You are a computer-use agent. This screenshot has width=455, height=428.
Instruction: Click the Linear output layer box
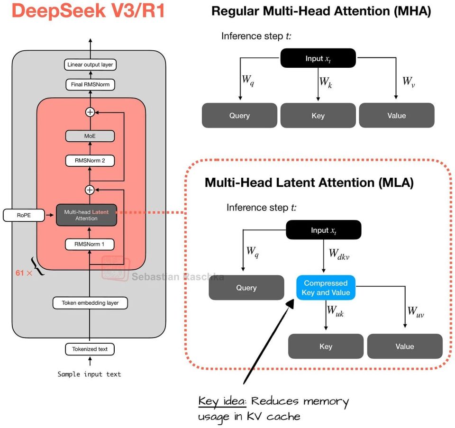[x=90, y=64]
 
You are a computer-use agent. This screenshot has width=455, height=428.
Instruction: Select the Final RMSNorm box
[x=90, y=84]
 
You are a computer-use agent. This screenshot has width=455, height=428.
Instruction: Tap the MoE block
[x=90, y=136]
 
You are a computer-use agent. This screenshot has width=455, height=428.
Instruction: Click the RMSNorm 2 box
[x=90, y=161]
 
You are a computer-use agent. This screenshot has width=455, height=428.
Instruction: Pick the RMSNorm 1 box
[x=90, y=244]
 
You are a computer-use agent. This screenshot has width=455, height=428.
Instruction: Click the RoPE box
[x=24, y=215]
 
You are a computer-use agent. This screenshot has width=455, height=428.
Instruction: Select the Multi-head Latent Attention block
[x=86, y=215]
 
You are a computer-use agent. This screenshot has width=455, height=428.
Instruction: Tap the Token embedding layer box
[x=90, y=303]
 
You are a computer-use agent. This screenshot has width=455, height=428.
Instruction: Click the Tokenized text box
[x=90, y=349]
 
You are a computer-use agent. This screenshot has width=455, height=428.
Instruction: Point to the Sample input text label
[x=89, y=374]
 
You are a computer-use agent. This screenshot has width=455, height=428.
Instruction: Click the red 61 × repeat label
[x=24, y=273]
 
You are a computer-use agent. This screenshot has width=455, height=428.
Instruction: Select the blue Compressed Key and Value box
[x=326, y=288]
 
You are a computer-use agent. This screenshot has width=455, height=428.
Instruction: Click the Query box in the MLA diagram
[x=246, y=288]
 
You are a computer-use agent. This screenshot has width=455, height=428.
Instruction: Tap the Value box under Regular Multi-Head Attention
[x=397, y=116]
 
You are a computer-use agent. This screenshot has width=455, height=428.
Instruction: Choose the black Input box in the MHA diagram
[x=318, y=58]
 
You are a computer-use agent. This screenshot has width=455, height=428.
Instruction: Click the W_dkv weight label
[x=339, y=254]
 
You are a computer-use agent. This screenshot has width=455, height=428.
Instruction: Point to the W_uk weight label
[x=335, y=311]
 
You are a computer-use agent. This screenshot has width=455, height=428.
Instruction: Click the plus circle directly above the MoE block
[x=90, y=112]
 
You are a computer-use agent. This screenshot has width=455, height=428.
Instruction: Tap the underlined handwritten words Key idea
[x=222, y=401]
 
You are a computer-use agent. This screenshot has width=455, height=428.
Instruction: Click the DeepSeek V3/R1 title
[x=89, y=10]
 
